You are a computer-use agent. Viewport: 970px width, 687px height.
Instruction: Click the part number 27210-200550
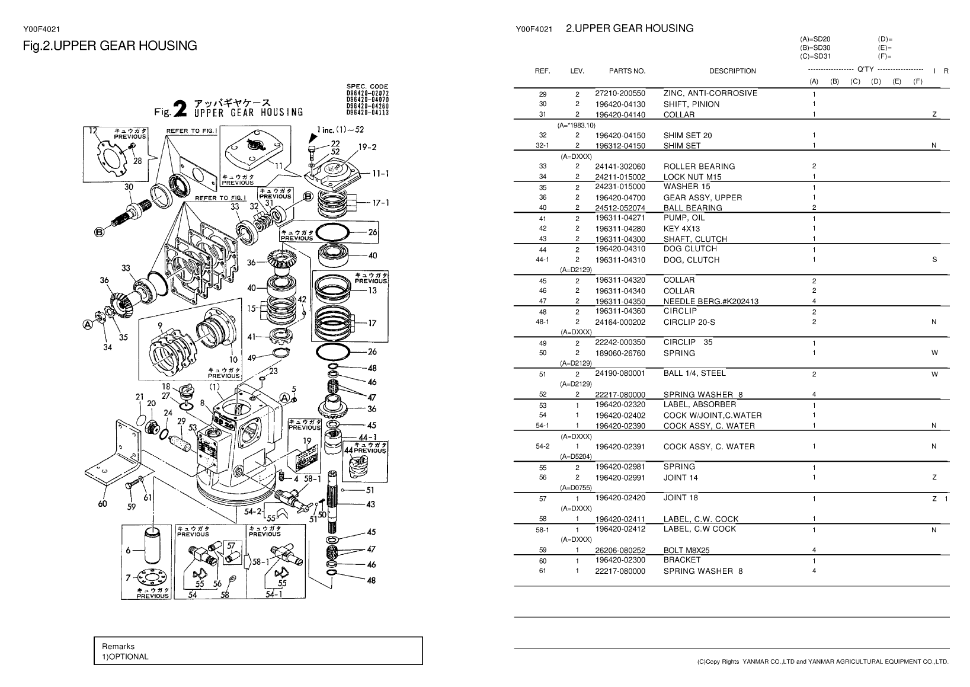tap(620, 94)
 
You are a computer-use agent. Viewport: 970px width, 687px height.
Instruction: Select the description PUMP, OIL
tap(684, 218)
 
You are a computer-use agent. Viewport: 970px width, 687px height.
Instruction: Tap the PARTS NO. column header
tap(627, 71)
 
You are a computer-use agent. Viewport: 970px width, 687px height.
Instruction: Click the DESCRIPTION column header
tap(732, 71)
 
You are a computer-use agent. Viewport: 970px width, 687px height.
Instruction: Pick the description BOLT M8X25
tap(686, 550)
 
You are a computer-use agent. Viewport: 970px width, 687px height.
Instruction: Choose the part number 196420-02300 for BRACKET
tap(620, 560)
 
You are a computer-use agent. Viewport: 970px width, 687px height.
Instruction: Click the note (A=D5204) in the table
tap(576, 456)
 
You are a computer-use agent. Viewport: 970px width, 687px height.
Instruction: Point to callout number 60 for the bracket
tap(102, 504)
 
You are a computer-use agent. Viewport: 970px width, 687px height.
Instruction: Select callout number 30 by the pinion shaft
tap(129, 186)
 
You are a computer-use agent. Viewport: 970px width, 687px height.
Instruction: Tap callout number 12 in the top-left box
tap(92, 131)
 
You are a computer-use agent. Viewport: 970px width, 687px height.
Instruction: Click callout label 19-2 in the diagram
tap(367, 146)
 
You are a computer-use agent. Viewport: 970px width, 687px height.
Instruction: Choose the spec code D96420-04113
tap(367, 113)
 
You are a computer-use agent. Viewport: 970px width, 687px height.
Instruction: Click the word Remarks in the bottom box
tap(118, 646)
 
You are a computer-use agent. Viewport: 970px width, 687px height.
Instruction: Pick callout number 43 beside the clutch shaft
tap(370, 504)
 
